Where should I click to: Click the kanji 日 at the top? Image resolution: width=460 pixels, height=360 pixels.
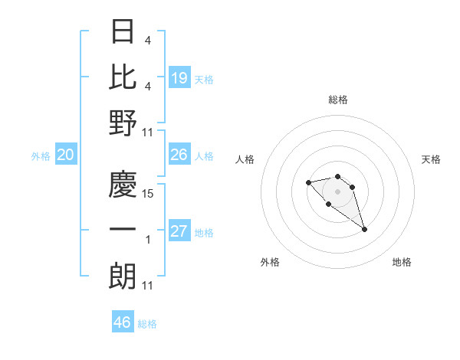click(123, 32)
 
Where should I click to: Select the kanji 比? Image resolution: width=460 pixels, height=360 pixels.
click(123, 77)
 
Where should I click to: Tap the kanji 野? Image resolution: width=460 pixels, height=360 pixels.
click(123, 123)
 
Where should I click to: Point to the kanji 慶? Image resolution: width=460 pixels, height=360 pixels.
click(123, 185)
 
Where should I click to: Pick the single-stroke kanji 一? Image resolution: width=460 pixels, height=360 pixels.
click(123, 231)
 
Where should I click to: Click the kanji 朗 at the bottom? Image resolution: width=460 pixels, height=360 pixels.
click(123, 277)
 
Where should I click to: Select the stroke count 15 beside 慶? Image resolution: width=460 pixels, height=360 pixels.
click(149, 194)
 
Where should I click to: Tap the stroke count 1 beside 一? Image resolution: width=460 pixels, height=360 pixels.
click(149, 240)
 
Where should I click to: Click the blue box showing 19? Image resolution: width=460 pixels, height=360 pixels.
click(179, 77)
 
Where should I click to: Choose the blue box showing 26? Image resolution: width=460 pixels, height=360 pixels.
click(179, 155)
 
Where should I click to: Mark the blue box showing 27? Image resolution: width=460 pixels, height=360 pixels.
click(179, 231)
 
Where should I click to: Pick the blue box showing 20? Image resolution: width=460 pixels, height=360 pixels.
click(65, 155)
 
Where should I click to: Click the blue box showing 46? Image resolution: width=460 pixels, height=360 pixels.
click(123, 322)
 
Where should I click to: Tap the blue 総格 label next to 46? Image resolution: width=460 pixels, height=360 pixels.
click(148, 324)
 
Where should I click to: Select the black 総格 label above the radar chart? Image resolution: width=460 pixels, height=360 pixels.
click(338, 100)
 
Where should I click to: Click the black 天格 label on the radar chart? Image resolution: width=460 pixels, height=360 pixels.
click(431, 159)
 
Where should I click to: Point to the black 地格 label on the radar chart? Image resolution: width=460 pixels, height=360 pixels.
click(402, 262)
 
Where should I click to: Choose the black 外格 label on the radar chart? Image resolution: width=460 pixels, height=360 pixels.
click(270, 262)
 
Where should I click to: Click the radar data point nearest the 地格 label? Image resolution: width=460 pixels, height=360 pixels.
click(364, 229)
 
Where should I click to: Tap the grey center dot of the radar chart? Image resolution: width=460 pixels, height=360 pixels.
click(337, 191)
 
